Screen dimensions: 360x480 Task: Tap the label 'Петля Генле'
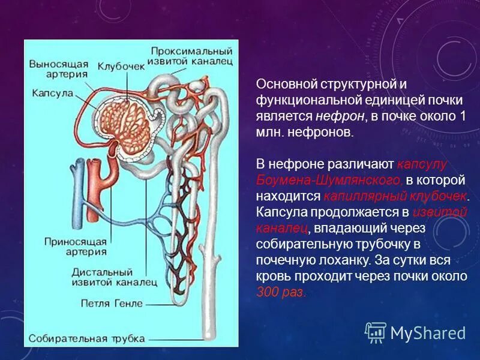(x=104, y=304)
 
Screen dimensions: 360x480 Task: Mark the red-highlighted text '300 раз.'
(x=281, y=293)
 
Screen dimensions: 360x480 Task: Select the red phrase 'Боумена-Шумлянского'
(x=329, y=179)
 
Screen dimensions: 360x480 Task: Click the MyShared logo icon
(x=375, y=332)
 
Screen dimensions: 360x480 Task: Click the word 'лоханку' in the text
(x=343, y=260)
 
